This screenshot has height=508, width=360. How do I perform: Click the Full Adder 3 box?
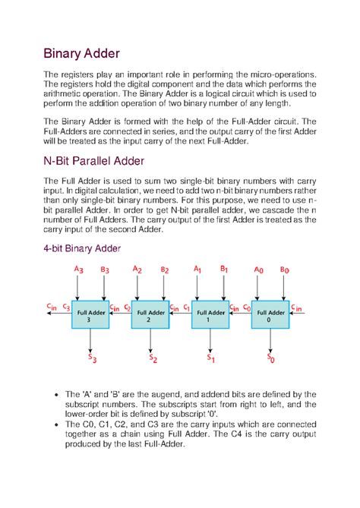coord(90,315)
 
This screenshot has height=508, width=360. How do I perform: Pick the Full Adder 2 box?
coord(150,315)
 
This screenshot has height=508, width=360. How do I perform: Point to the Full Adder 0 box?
coord(271,315)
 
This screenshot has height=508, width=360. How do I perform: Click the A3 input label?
coord(78,270)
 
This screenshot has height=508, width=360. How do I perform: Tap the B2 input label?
coord(164,270)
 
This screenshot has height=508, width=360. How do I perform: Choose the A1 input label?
coord(197,270)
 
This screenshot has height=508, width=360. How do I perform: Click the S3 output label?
coord(91,357)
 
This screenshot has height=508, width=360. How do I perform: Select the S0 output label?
coord(270,357)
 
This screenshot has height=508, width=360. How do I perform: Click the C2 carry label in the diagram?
coord(125,308)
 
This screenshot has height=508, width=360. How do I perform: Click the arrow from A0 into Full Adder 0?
coord(258,289)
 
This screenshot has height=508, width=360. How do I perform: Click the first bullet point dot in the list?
coord(58,394)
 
